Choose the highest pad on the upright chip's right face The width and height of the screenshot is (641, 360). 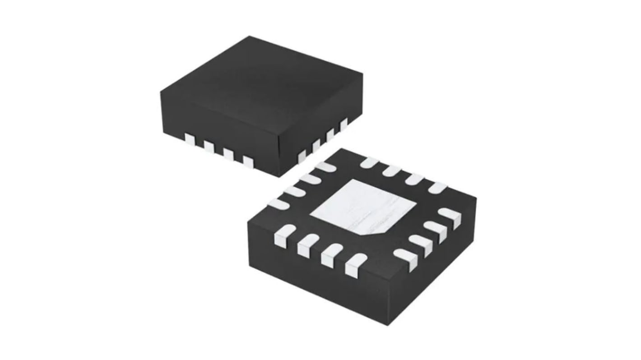[344, 123]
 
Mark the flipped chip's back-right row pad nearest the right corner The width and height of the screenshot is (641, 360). [437, 187]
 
